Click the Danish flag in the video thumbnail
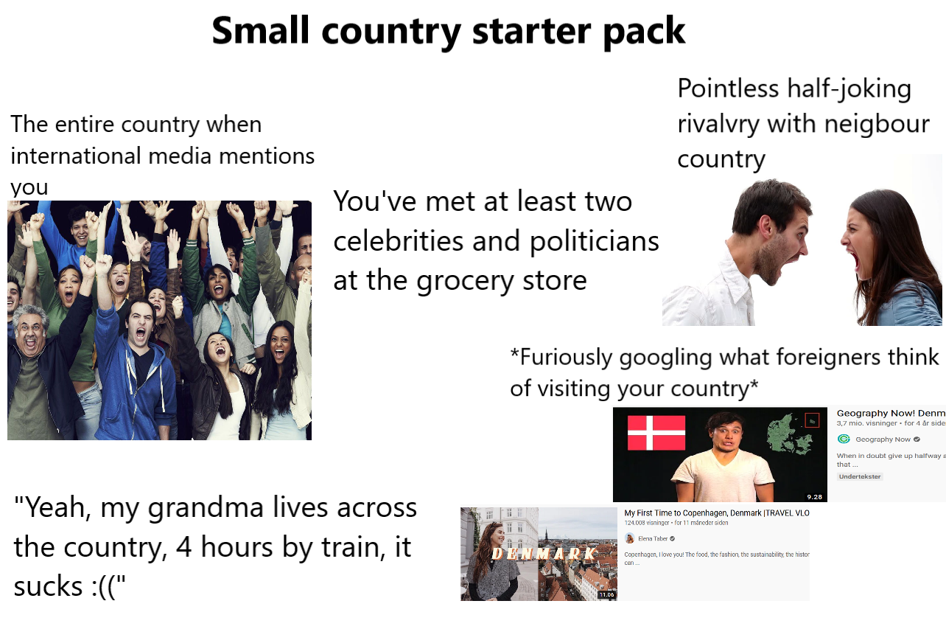(x=656, y=433)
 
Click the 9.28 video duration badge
(x=814, y=496)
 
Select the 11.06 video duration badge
(x=606, y=594)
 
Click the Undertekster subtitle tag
(x=860, y=476)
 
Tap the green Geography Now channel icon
(x=844, y=439)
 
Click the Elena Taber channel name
(x=653, y=538)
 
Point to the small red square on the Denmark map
(x=813, y=420)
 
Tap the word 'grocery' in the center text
(x=455, y=280)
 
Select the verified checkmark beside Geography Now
(x=917, y=439)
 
